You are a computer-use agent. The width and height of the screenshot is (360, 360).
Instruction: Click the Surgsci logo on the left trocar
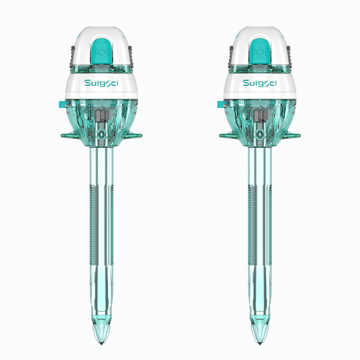[x=102, y=83]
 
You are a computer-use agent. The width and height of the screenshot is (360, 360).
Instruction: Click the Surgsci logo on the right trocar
[x=260, y=83]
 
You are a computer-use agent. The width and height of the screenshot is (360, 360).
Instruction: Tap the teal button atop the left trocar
[x=102, y=51]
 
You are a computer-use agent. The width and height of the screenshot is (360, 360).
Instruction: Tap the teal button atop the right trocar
[x=260, y=51]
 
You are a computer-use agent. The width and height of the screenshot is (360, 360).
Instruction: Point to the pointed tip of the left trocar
[x=101, y=344]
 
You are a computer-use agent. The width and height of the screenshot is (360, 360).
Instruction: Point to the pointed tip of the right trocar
[x=260, y=344]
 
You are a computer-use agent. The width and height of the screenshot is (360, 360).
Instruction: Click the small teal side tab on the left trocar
[x=62, y=104]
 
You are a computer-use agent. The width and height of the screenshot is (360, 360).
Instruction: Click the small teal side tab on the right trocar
[x=220, y=104]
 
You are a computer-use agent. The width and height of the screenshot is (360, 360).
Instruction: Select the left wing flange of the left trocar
[x=70, y=135]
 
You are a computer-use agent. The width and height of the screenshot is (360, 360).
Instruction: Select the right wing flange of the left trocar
[x=133, y=135]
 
